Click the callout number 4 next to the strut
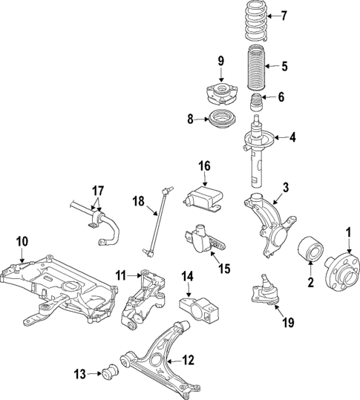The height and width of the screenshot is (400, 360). coord(292,137)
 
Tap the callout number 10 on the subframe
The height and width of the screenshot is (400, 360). coord(22,240)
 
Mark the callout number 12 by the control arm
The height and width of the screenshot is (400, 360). coord(188,361)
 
